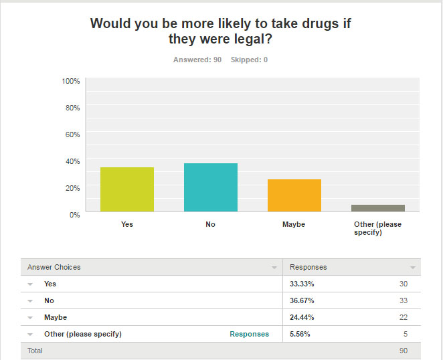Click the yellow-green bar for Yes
[x=127, y=189]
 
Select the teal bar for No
[x=211, y=187]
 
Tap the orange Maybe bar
[x=294, y=195]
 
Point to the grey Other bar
[x=378, y=208]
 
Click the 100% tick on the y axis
[x=71, y=81]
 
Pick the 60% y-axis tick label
[x=73, y=134]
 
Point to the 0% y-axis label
[x=75, y=214]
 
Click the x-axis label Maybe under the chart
[x=294, y=224]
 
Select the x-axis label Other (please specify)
[x=377, y=228]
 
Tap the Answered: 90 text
[x=197, y=60]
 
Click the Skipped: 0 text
[x=249, y=60]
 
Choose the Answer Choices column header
[x=54, y=267]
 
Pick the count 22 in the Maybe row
[x=403, y=317]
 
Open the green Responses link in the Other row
[x=249, y=334]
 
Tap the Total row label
[x=34, y=351]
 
